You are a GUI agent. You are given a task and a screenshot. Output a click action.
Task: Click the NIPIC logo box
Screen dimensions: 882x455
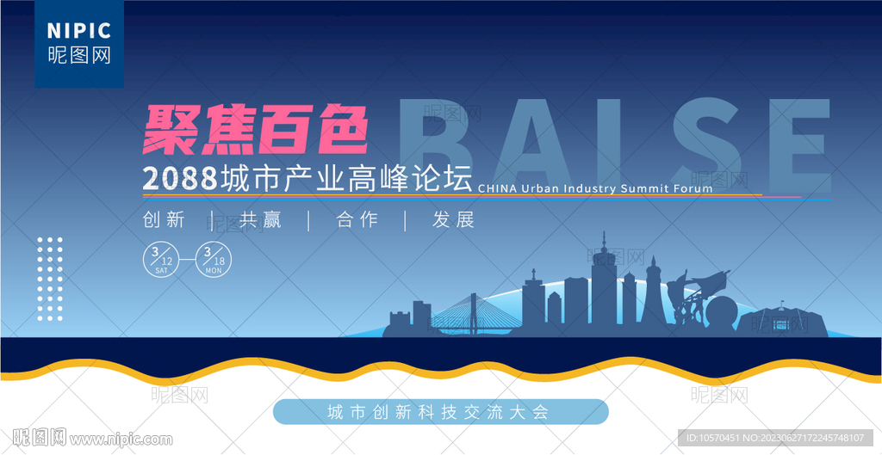pyautogui.click(x=79, y=44)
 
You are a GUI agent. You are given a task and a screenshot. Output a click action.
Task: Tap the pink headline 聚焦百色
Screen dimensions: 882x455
pyautogui.click(x=255, y=132)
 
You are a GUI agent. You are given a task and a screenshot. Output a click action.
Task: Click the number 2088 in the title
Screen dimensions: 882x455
pyautogui.click(x=180, y=178)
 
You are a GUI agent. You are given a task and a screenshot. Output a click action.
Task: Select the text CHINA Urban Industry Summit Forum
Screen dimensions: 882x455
pyautogui.click(x=594, y=188)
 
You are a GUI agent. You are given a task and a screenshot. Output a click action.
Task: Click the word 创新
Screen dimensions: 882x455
pyautogui.click(x=164, y=219)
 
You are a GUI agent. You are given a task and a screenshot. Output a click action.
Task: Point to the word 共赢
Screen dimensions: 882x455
pyautogui.click(x=260, y=219)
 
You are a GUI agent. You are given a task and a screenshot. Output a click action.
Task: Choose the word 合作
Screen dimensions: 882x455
pyautogui.click(x=357, y=219)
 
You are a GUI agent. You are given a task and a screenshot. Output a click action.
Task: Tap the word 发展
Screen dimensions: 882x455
pyautogui.click(x=453, y=219)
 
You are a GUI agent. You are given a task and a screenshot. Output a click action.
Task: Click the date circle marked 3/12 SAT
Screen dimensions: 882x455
pyautogui.click(x=161, y=260)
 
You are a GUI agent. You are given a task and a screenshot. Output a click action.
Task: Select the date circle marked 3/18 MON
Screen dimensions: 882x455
pyautogui.click(x=214, y=260)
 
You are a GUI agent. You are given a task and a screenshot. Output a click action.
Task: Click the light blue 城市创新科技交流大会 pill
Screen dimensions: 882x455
pyautogui.click(x=440, y=412)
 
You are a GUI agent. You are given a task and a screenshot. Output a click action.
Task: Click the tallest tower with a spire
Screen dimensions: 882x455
pyautogui.click(x=604, y=281)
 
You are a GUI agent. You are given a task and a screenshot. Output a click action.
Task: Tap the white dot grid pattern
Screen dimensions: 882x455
pyautogui.click(x=50, y=280)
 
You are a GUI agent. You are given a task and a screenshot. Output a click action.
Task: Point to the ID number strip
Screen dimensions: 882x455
pyautogui.click(x=775, y=438)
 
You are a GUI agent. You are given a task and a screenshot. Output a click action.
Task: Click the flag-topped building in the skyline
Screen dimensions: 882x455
pyautogui.click(x=782, y=320)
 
